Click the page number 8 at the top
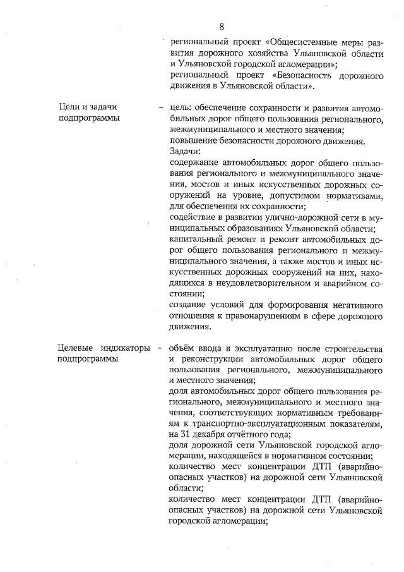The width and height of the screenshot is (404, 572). [222, 27]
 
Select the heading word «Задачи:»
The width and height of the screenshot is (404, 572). [185, 151]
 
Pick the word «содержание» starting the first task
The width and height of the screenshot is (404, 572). [195, 162]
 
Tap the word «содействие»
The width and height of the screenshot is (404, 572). [194, 217]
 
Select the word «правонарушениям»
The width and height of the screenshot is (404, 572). [267, 316]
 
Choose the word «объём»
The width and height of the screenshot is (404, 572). [184, 348]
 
